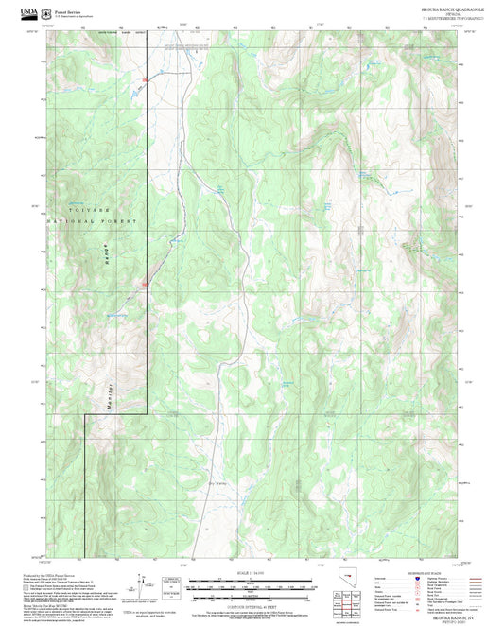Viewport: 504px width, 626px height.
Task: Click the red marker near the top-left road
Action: [x=145, y=78]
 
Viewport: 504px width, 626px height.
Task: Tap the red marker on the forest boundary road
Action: [x=145, y=282]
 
